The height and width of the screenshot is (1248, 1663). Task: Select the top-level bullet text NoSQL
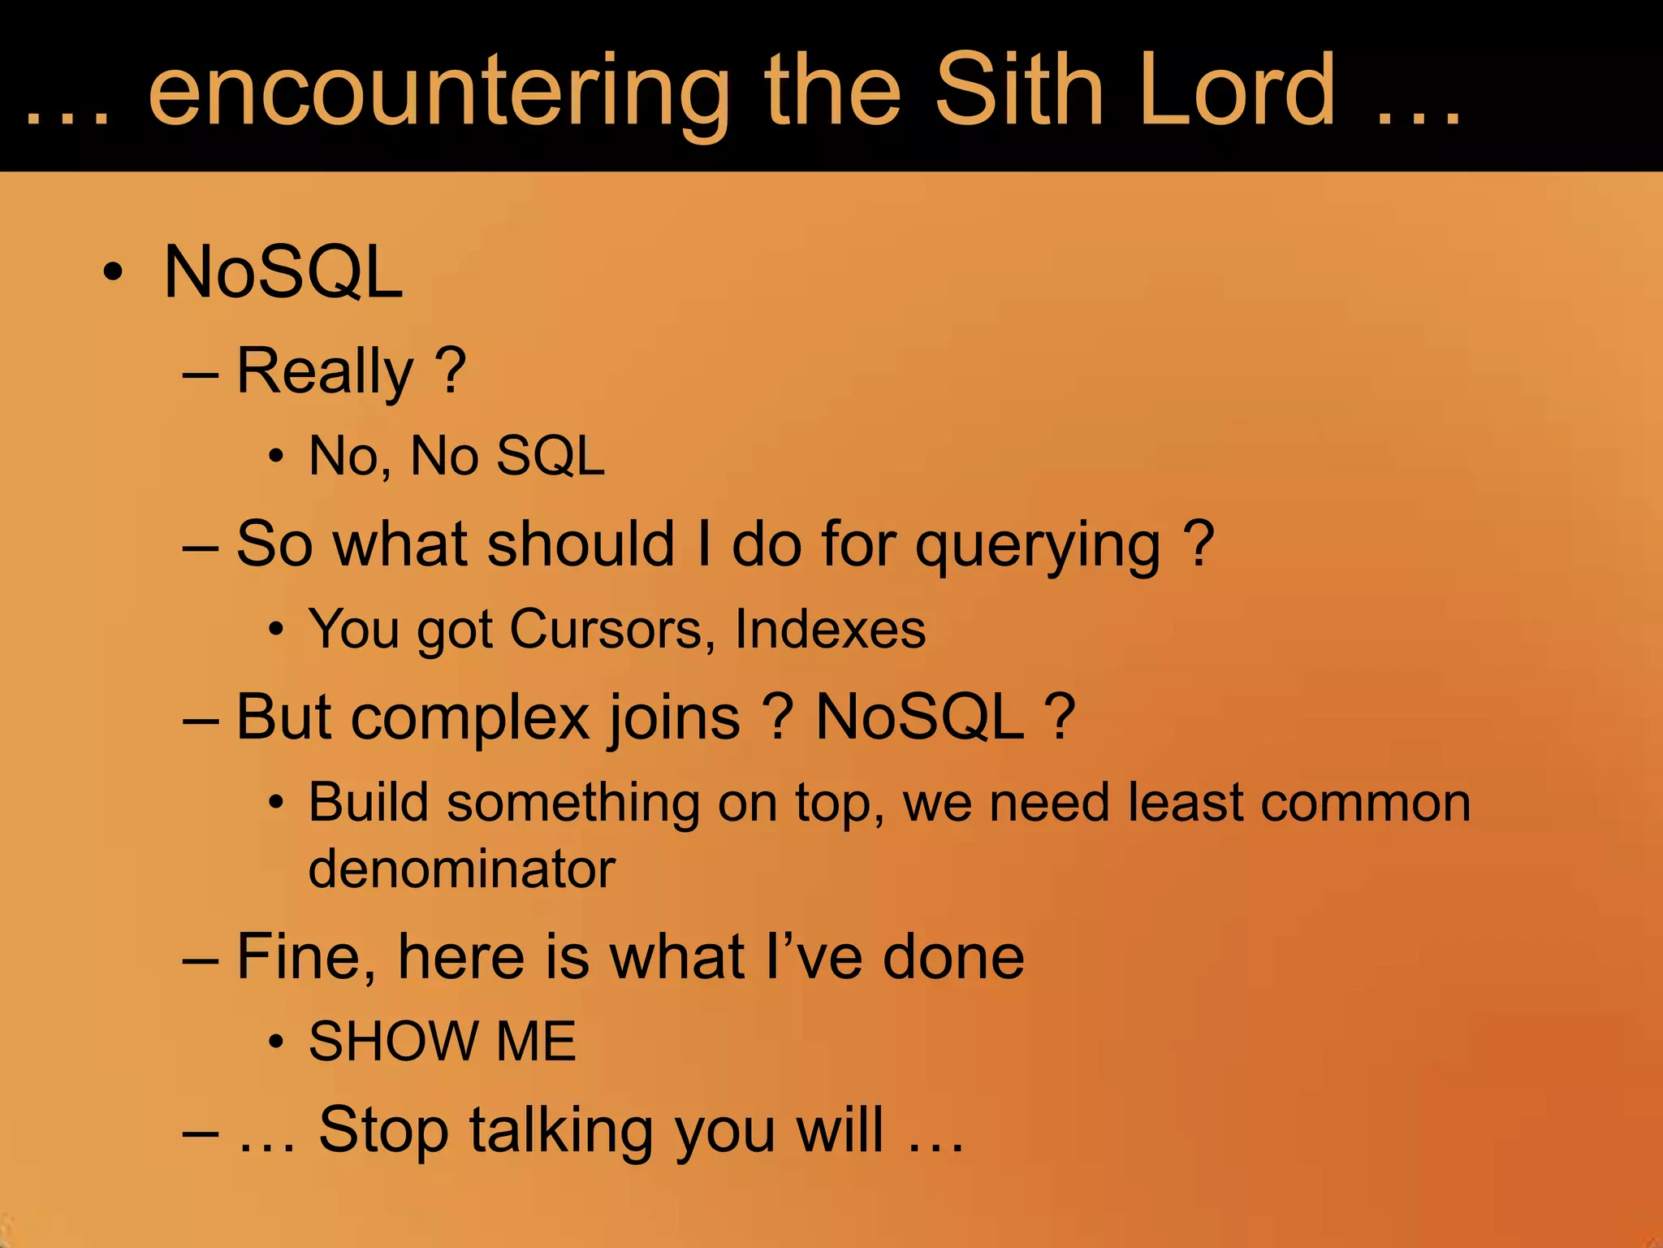(283, 272)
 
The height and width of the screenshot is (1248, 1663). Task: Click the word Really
(326, 371)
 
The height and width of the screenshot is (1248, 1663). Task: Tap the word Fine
(306, 957)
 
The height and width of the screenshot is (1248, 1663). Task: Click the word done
(953, 957)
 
